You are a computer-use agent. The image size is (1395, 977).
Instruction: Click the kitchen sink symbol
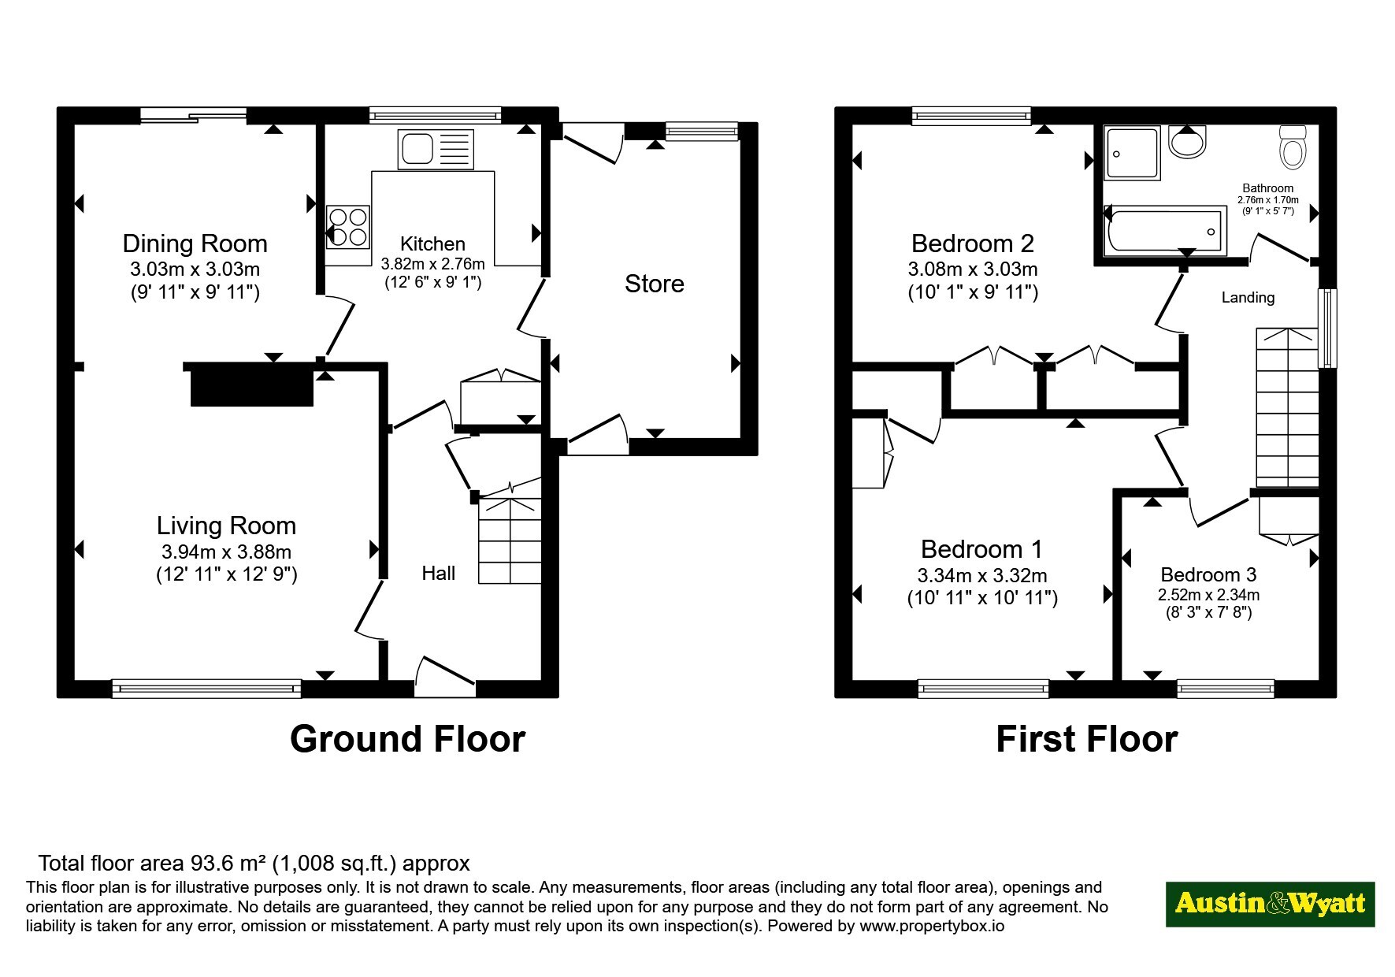(436, 149)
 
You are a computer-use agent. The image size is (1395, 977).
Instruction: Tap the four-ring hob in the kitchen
(348, 227)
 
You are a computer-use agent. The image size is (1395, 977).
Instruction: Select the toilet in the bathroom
(1293, 147)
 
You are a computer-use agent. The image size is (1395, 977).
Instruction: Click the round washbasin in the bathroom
(1188, 141)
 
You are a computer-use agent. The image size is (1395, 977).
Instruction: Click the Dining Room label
(195, 243)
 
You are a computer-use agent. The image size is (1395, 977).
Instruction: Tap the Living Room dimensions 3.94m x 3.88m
(226, 552)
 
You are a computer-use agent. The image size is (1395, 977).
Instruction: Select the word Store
(654, 284)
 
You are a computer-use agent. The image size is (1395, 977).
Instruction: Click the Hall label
(439, 573)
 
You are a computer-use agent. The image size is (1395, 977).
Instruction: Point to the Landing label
(1248, 297)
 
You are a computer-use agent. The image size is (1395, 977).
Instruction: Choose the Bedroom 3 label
(1208, 575)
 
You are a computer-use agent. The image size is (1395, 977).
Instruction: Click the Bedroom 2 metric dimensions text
(973, 269)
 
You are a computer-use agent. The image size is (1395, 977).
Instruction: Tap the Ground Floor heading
(407, 739)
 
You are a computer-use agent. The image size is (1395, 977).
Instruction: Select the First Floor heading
(1086, 739)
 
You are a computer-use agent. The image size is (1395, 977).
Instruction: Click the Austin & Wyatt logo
(1270, 904)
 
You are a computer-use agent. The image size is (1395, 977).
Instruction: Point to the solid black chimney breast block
(252, 388)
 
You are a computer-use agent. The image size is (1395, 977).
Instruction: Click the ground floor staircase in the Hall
(510, 541)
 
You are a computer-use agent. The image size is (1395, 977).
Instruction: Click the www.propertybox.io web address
(932, 927)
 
